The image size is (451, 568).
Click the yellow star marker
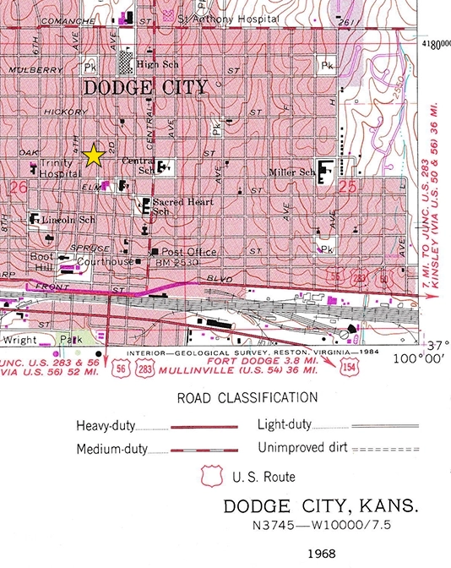pos(94,155)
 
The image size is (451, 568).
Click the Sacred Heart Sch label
pos(178,206)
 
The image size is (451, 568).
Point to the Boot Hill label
pos(42,261)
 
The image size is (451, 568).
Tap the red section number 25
pos(347,189)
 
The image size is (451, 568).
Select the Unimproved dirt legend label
pos(301,448)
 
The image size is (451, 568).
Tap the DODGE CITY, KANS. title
pos(321,508)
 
